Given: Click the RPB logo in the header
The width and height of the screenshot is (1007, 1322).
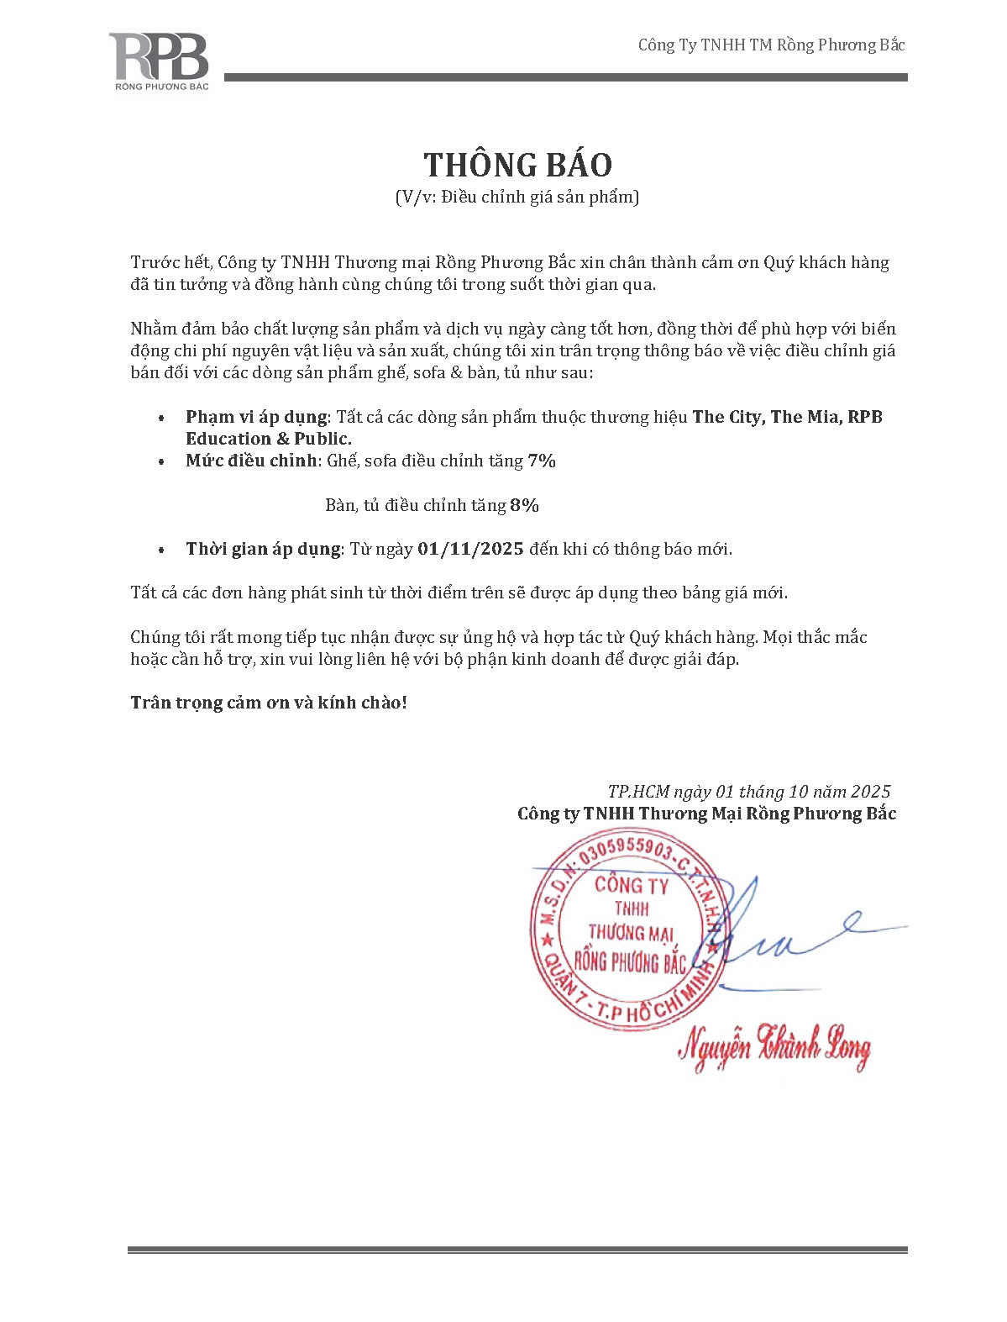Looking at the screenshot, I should (x=158, y=61).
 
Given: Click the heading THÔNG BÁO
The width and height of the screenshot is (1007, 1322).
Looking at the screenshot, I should (x=517, y=165).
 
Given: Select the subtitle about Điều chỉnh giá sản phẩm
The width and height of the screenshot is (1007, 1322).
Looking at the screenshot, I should (x=517, y=198).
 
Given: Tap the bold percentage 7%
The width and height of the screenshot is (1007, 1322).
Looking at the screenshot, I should (x=542, y=461).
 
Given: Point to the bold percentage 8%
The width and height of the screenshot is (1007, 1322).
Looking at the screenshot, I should (x=524, y=505).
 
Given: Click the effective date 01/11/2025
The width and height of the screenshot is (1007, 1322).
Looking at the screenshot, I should (x=470, y=549).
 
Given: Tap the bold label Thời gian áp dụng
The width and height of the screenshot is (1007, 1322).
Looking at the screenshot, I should (x=264, y=549).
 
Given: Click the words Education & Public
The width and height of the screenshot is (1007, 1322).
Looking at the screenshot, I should (x=269, y=439).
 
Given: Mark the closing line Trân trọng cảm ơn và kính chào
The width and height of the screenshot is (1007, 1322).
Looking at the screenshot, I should (x=269, y=702).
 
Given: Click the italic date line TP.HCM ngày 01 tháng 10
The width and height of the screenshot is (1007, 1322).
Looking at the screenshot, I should (x=748, y=791).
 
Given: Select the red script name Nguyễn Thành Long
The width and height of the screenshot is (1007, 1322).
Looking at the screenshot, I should (x=774, y=1045).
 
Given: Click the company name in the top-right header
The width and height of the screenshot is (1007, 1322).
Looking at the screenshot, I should (x=771, y=45).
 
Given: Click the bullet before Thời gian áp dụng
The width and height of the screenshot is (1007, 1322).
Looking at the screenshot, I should (x=160, y=550).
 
